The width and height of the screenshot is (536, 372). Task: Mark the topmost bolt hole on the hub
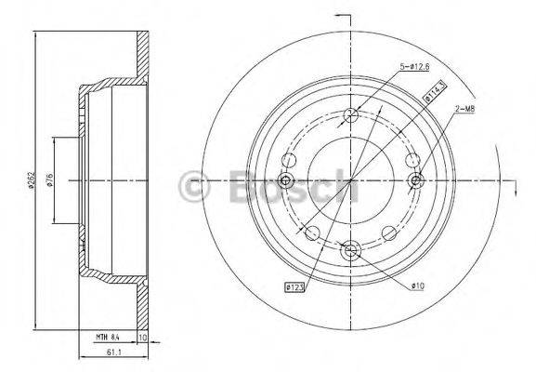(350, 114)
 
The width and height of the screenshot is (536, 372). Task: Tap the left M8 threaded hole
(285, 180)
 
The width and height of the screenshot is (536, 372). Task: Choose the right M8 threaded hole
(416, 180)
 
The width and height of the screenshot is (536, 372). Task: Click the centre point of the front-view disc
(350, 180)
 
